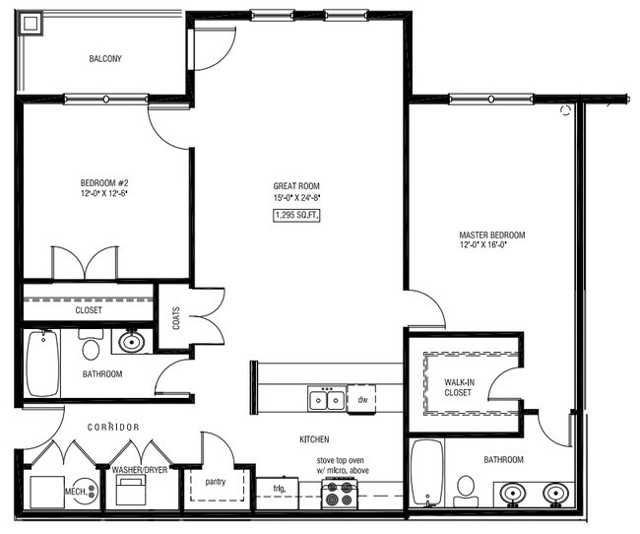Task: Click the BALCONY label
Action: [x=105, y=58]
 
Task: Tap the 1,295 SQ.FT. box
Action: [x=296, y=214]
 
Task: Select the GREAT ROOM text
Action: [x=296, y=186]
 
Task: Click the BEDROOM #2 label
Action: [x=104, y=187]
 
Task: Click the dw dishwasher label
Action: [x=362, y=400]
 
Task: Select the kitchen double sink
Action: [x=326, y=399]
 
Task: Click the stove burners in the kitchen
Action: [x=340, y=499]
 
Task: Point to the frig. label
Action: [x=280, y=487]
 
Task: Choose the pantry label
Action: [x=217, y=483]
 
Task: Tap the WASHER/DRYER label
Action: [x=139, y=470]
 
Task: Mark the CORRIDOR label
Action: [x=113, y=427]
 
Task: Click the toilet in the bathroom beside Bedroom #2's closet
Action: [x=92, y=348]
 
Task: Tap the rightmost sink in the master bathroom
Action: [x=555, y=491]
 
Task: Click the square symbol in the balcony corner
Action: [x=30, y=23]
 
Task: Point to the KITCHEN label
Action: [x=314, y=439]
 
